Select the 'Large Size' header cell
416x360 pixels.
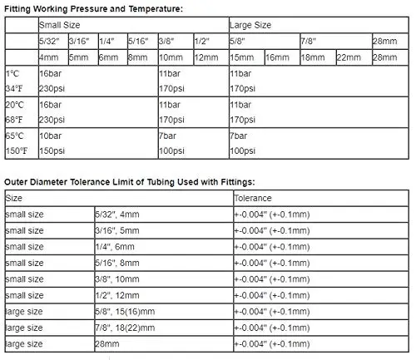pyautogui.click(x=249, y=26)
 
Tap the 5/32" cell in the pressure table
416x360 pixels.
pyautogui.click(x=50, y=42)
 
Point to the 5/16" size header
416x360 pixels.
pyautogui.click(x=139, y=42)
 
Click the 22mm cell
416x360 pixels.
pyautogui.click(x=347, y=57)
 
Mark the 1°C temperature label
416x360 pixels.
pyautogui.click(x=13, y=73)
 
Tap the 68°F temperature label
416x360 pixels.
pyautogui.click(x=14, y=121)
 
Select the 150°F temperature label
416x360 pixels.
pyautogui.click(x=17, y=150)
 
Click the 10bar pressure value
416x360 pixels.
pyautogui.click(x=51, y=136)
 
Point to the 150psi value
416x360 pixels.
pyautogui.click(x=52, y=150)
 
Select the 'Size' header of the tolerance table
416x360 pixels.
pyautogui.click(x=14, y=200)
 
